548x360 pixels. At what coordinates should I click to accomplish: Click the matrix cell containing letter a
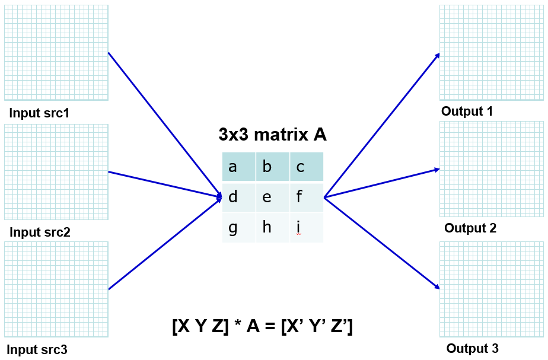click(x=239, y=167)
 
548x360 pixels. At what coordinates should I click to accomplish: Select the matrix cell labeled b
click(x=273, y=167)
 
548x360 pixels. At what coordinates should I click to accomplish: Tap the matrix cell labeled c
click(x=307, y=167)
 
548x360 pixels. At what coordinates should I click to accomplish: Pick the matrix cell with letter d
click(x=239, y=197)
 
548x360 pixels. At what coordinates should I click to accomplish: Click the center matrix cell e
click(x=273, y=197)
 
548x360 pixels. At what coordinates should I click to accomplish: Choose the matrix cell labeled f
click(x=307, y=197)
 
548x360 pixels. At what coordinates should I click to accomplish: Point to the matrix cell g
click(x=239, y=227)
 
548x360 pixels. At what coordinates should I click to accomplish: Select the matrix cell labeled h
click(x=273, y=227)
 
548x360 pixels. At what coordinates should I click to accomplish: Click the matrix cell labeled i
click(x=307, y=227)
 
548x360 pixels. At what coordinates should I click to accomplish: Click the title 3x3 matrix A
click(x=272, y=135)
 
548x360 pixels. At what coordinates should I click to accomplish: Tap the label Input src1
click(x=40, y=113)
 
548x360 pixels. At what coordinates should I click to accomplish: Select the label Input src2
click(x=40, y=232)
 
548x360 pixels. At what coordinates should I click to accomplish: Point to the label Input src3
click(x=37, y=349)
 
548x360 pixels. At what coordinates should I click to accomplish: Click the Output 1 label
click(x=467, y=111)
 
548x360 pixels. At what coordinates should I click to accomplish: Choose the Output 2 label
click(x=470, y=228)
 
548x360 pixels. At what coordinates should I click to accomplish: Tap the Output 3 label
click(x=473, y=348)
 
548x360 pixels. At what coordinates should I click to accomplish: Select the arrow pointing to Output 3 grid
click(x=383, y=243)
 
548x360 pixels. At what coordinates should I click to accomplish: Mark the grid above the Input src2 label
click(x=56, y=172)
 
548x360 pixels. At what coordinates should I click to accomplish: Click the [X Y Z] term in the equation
click(x=200, y=326)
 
